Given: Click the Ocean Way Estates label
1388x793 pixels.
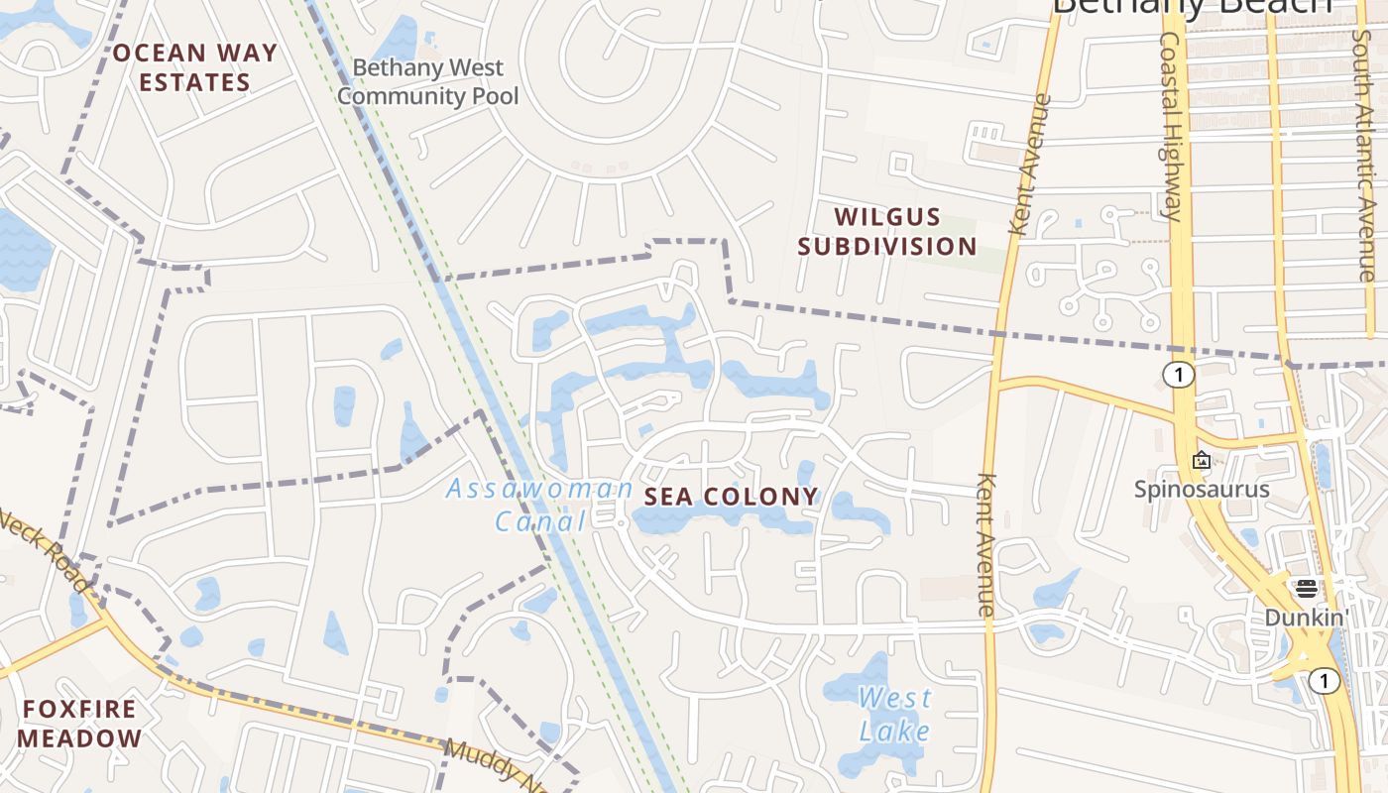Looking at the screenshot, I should pyautogui.click(x=194, y=67).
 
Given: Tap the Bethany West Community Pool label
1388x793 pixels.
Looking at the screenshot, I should pyautogui.click(x=428, y=82).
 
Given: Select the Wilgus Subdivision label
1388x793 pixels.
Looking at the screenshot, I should pyautogui.click(x=887, y=231).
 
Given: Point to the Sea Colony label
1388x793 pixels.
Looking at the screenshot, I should pyautogui.click(x=732, y=497).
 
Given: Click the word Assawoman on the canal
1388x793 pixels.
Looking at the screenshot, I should pyautogui.click(x=539, y=489).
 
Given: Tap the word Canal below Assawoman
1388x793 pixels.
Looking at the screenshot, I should pyautogui.click(x=540, y=521).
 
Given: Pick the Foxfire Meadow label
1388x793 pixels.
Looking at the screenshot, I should pyautogui.click(x=80, y=724).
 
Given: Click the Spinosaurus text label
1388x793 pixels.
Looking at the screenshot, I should pyautogui.click(x=1202, y=490).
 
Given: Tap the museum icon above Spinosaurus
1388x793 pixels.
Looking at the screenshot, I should pyautogui.click(x=1202, y=460).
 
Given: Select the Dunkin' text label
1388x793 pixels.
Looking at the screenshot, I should pyautogui.click(x=1306, y=618).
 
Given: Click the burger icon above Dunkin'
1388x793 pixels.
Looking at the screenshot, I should pyautogui.click(x=1306, y=589).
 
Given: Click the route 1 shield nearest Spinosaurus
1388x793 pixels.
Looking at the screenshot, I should pyautogui.click(x=1179, y=375).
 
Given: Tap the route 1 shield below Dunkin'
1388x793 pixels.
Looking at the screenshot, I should pyautogui.click(x=1323, y=681).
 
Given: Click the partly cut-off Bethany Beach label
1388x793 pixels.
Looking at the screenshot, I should pyautogui.click(x=1190, y=8).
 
